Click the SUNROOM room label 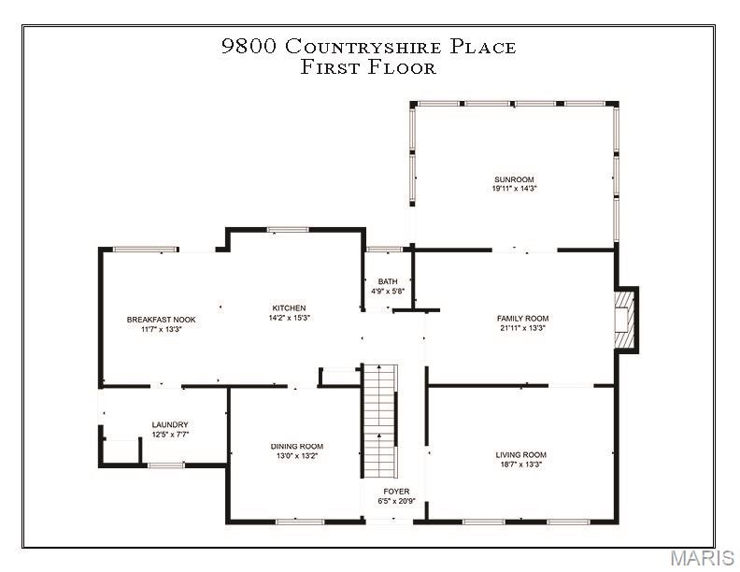(514, 179)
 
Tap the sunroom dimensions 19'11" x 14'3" (514, 189)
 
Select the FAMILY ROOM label (521, 319)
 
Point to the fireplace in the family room (624, 320)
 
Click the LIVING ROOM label (520, 455)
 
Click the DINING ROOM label (297, 447)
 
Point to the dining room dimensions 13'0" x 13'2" (297, 456)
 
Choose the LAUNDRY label (170, 425)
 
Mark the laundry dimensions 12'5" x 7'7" (170, 435)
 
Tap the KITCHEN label (289, 308)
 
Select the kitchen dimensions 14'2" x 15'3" (289, 318)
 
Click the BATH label (388, 281)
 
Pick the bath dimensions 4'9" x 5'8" (388, 292)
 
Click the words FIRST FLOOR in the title (368, 67)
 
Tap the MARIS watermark (701, 559)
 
